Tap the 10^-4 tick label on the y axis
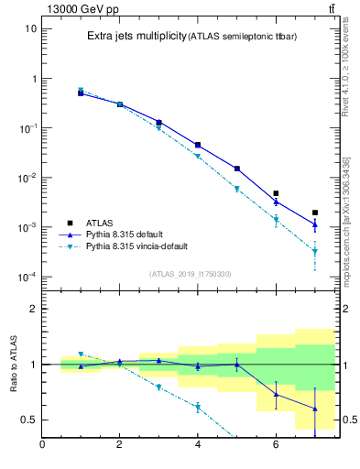[27, 277]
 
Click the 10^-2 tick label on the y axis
[27, 178]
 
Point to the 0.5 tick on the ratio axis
[28, 420]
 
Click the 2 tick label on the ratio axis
[33, 309]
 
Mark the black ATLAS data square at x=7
[315, 213]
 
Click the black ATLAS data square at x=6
[276, 193]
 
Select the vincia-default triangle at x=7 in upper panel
[315, 251]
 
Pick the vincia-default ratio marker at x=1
[81, 354]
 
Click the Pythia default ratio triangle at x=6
[276, 395]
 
